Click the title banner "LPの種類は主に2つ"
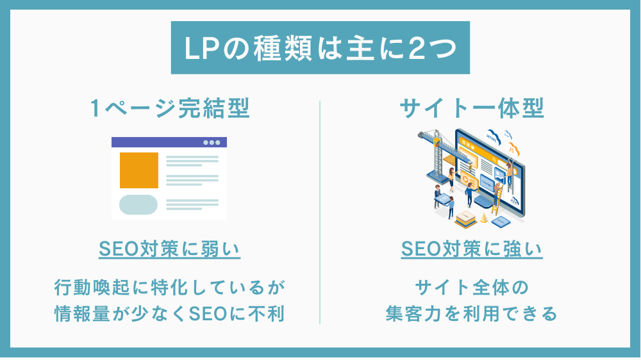click(x=320, y=48)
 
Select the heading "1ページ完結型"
click(x=170, y=108)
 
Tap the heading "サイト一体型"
click(x=472, y=108)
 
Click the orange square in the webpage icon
click(x=139, y=170)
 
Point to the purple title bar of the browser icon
click(x=169, y=142)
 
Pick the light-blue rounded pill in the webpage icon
click(x=138, y=205)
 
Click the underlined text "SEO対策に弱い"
click(x=170, y=249)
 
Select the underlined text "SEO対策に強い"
click(x=472, y=249)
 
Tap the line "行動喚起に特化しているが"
click(x=170, y=288)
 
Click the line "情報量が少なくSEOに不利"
click(x=170, y=314)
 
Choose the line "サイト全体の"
click(x=472, y=288)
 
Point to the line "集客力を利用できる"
click(x=472, y=314)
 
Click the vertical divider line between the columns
click(x=320, y=213)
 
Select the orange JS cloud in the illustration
click(x=512, y=150)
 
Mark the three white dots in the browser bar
click(x=212, y=142)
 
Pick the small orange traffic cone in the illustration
click(x=484, y=218)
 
